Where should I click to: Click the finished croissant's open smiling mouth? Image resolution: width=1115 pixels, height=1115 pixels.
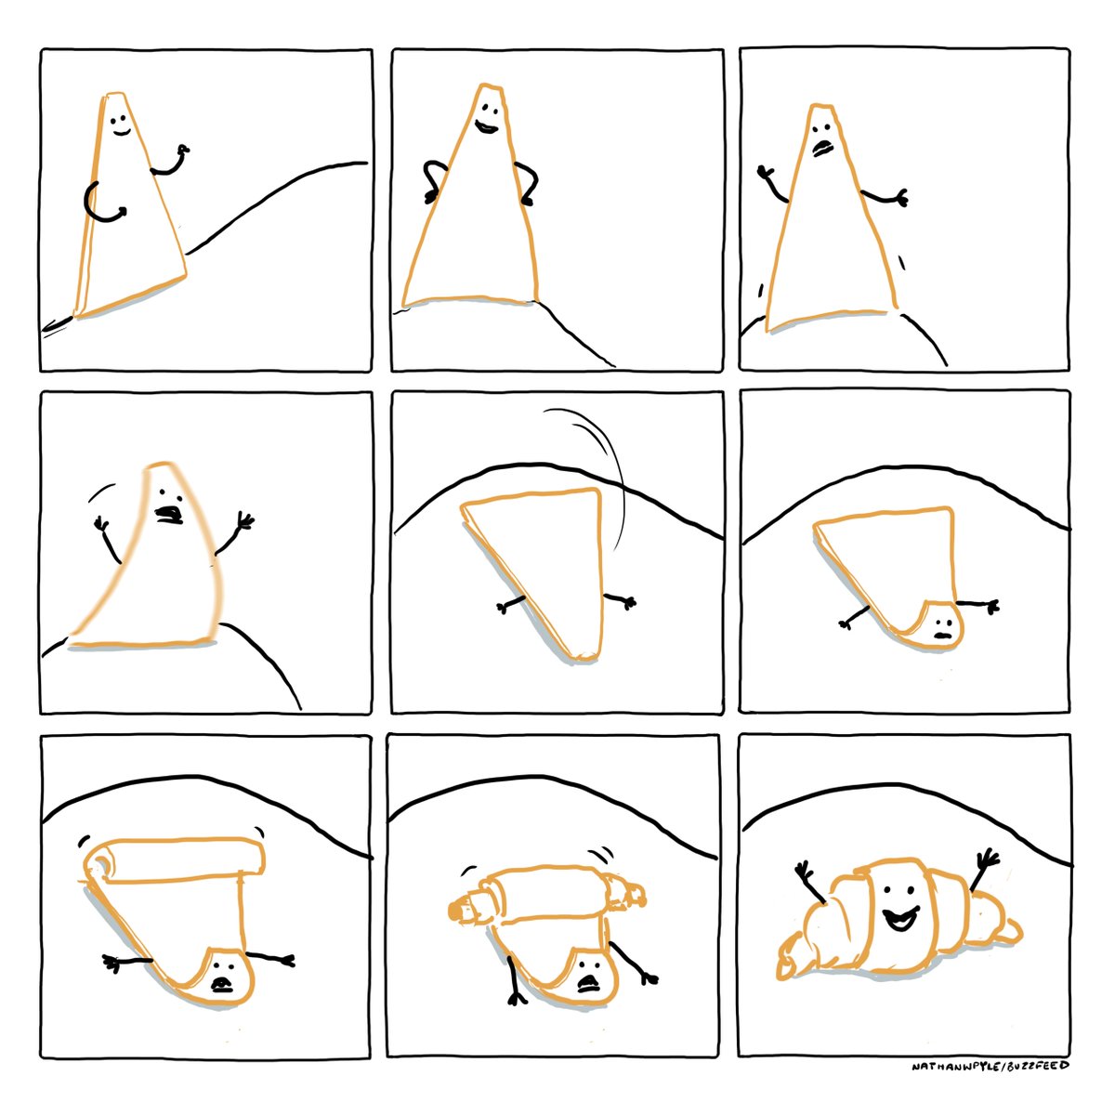coord(900,919)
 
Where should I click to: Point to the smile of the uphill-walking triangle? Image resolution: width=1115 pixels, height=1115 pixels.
coord(122,133)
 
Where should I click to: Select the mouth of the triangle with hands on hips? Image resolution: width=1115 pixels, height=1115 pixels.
coord(486,126)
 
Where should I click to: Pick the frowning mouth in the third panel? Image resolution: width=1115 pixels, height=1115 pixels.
coord(822,148)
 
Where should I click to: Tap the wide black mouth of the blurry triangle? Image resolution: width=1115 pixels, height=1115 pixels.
coord(169,515)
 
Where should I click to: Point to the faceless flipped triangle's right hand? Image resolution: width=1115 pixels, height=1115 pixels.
coord(628,603)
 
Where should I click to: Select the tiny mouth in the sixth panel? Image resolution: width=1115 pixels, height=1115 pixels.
coord(942,635)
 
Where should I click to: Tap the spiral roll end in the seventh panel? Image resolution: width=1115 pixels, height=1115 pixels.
coord(99,866)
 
